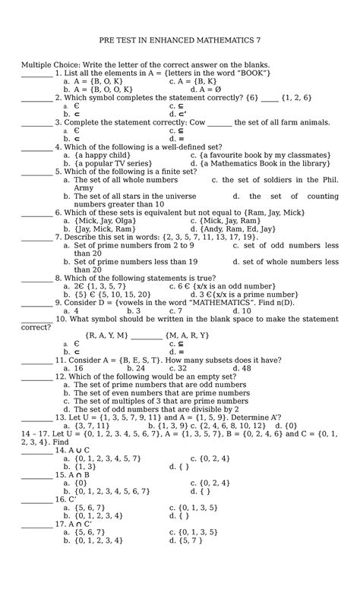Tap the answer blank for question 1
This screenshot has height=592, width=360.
coord(36,73)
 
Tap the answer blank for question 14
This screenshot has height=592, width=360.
coord(36,450)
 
